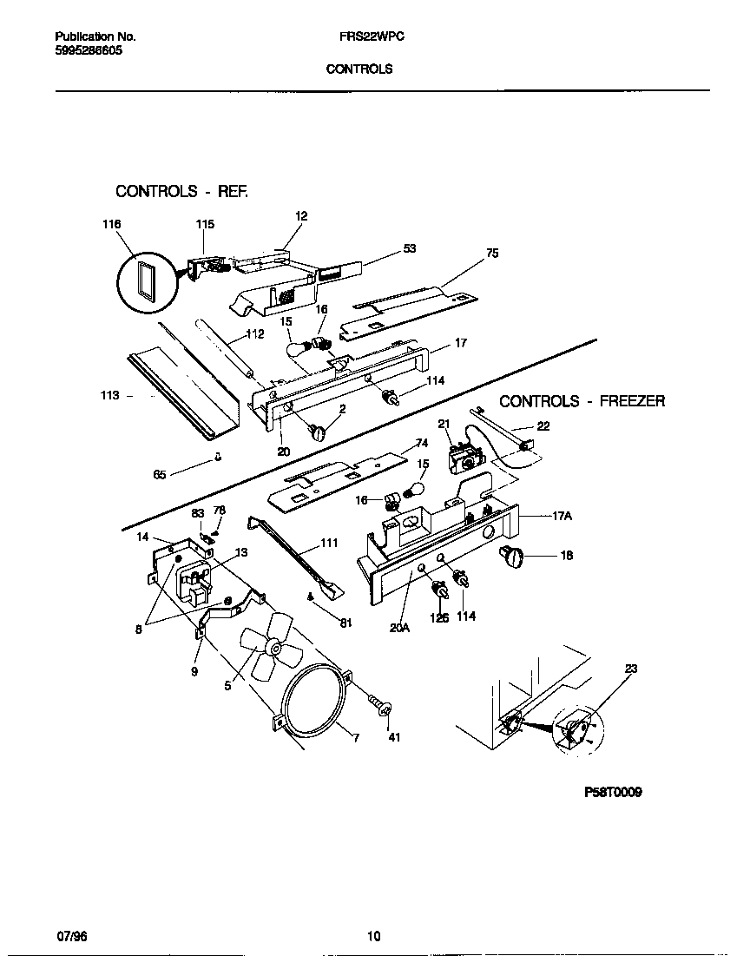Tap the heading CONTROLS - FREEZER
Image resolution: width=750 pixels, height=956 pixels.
[x=582, y=401]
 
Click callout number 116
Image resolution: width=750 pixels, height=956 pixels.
[x=111, y=224]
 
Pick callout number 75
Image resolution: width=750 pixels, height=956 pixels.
[x=492, y=254]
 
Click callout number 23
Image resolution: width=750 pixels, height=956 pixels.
[x=630, y=669]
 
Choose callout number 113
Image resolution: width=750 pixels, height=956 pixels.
[x=109, y=395]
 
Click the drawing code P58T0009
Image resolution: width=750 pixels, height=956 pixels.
[x=612, y=793]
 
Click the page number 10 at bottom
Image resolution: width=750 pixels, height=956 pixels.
[x=373, y=935]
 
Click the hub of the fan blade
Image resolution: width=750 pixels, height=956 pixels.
[x=273, y=646]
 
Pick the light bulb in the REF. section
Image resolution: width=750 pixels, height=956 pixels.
[x=299, y=349]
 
